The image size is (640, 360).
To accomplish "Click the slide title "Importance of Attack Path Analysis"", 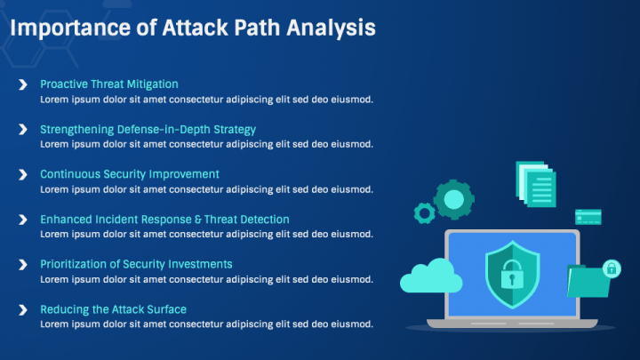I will click(x=191, y=28).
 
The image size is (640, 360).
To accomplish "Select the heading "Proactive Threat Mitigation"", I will click(x=109, y=84).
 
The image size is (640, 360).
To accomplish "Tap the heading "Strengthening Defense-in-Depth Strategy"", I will click(x=148, y=130).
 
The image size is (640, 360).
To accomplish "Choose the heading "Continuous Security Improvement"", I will click(x=130, y=174).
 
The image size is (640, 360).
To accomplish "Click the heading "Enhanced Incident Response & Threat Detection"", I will click(x=164, y=220).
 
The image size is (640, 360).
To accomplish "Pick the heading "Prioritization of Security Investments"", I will click(x=136, y=264).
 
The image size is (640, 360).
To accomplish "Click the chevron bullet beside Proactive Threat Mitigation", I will click(x=22, y=84).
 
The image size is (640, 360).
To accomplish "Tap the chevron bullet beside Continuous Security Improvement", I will click(x=22, y=174).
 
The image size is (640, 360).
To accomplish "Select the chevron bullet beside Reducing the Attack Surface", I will click(x=22, y=309).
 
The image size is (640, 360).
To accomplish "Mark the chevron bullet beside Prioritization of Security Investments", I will click(x=22, y=264).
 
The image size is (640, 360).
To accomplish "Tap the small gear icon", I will click(x=425, y=212).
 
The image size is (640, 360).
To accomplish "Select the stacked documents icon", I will click(x=536, y=185).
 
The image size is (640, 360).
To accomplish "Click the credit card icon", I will click(x=588, y=217).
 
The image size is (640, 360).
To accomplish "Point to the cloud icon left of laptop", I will click(x=431, y=276).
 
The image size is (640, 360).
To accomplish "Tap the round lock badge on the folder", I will click(x=611, y=268).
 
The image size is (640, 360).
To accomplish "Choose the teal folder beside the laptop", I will click(x=588, y=282).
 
